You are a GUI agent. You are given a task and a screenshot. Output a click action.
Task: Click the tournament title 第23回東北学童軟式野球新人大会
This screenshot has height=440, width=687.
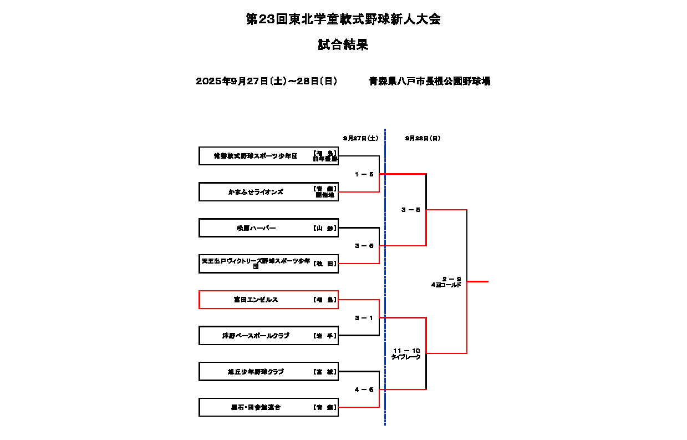click(x=343, y=20)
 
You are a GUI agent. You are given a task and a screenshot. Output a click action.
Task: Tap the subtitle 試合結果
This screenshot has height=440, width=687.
click(x=343, y=45)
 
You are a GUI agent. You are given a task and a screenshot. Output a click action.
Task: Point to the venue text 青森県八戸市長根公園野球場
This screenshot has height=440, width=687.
click(x=429, y=82)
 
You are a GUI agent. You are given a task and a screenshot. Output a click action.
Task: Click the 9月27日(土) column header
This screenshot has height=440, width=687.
click(x=360, y=138)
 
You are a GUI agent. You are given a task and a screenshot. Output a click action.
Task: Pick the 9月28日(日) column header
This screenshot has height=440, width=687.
click(x=423, y=138)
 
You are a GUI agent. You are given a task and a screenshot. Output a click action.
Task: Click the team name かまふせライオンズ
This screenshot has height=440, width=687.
click(x=256, y=192)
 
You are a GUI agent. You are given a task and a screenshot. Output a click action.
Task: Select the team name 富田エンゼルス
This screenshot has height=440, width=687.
click(x=256, y=300)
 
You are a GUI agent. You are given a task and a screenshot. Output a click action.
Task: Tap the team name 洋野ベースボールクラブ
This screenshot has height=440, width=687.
click(x=256, y=336)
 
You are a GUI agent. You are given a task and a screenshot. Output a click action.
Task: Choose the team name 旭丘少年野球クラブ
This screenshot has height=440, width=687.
click(x=256, y=372)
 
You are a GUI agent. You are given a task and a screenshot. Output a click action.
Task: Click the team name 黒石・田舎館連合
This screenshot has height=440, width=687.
click(x=256, y=407)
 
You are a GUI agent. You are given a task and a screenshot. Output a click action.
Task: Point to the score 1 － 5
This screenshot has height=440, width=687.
click(x=364, y=174)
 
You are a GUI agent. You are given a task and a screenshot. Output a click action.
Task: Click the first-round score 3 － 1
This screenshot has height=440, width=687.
click(x=364, y=318)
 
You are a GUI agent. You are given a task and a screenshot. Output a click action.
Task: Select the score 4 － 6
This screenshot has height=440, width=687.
click(x=364, y=390)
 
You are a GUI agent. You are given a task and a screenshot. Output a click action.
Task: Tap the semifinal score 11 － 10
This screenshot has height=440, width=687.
click(x=406, y=351)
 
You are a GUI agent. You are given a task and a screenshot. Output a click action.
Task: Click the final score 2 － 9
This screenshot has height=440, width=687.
click(x=451, y=279)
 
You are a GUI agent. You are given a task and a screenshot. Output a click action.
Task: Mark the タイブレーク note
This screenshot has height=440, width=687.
click(x=406, y=357)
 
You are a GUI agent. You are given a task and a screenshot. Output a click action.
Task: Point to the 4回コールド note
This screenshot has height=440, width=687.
click(x=446, y=285)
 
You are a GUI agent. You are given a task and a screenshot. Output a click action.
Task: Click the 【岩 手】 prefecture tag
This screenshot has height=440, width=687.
click(x=325, y=336)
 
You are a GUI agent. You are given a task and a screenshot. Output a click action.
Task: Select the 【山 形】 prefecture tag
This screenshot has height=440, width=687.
click(x=325, y=228)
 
